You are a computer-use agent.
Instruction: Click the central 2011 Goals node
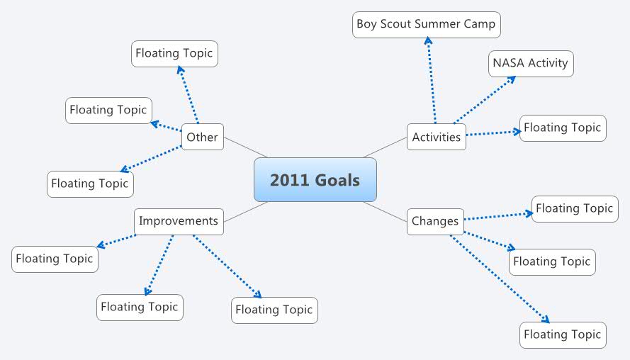point(315,180)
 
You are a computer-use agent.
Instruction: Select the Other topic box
point(202,137)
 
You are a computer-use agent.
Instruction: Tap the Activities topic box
point(437,137)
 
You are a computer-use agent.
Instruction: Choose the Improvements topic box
point(179,221)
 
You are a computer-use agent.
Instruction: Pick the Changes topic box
point(435,221)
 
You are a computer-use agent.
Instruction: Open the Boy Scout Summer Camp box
point(426,25)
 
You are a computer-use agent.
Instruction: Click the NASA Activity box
point(530,63)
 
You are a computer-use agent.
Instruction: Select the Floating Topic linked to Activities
point(563,128)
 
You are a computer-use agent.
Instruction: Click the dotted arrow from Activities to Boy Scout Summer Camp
point(432,81)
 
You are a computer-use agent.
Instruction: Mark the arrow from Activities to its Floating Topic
point(493,133)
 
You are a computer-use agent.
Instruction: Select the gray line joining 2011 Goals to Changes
point(385,210)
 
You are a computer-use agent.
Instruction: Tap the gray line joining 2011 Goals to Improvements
point(245,212)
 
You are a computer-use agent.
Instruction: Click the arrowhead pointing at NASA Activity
point(512,79)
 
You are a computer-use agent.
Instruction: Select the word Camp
point(480,25)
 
